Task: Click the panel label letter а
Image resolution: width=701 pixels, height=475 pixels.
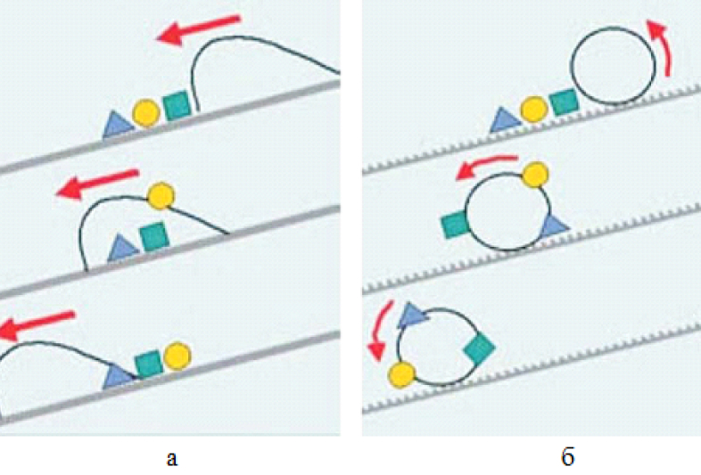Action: [x=171, y=458]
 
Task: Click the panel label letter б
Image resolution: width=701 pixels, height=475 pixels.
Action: [x=567, y=456]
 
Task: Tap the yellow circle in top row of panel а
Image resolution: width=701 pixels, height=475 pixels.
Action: [x=146, y=113]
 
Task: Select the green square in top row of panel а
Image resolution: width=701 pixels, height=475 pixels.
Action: [x=177, y=105]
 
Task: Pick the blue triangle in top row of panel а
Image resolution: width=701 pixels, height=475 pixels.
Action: [x=118, y=125]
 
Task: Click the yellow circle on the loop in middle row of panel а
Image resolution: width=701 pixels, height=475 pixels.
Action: [x=161, y=196]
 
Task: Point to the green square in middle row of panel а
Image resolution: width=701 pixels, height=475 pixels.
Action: [x=154, y=236]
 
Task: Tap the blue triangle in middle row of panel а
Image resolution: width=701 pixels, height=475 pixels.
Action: [x=123, y=248]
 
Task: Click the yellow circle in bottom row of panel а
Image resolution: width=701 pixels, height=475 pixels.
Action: [x=177, y=356]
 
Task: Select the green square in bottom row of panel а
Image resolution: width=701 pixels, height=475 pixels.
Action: [x=149, y=364]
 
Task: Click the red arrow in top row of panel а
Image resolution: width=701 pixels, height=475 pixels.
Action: [x=199, y=29]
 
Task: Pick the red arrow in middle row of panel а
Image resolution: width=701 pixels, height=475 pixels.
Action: [x=98, y=184]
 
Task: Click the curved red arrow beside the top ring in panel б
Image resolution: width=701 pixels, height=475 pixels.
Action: [x=664, y=49]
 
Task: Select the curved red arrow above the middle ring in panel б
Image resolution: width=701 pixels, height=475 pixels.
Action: [x=485, y=164]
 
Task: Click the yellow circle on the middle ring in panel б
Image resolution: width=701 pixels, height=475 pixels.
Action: [x=536, y=175]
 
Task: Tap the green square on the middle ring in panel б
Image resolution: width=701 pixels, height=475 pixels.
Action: [x=455, y=225]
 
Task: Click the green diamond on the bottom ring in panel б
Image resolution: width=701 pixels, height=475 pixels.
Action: [x=479, y=348]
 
